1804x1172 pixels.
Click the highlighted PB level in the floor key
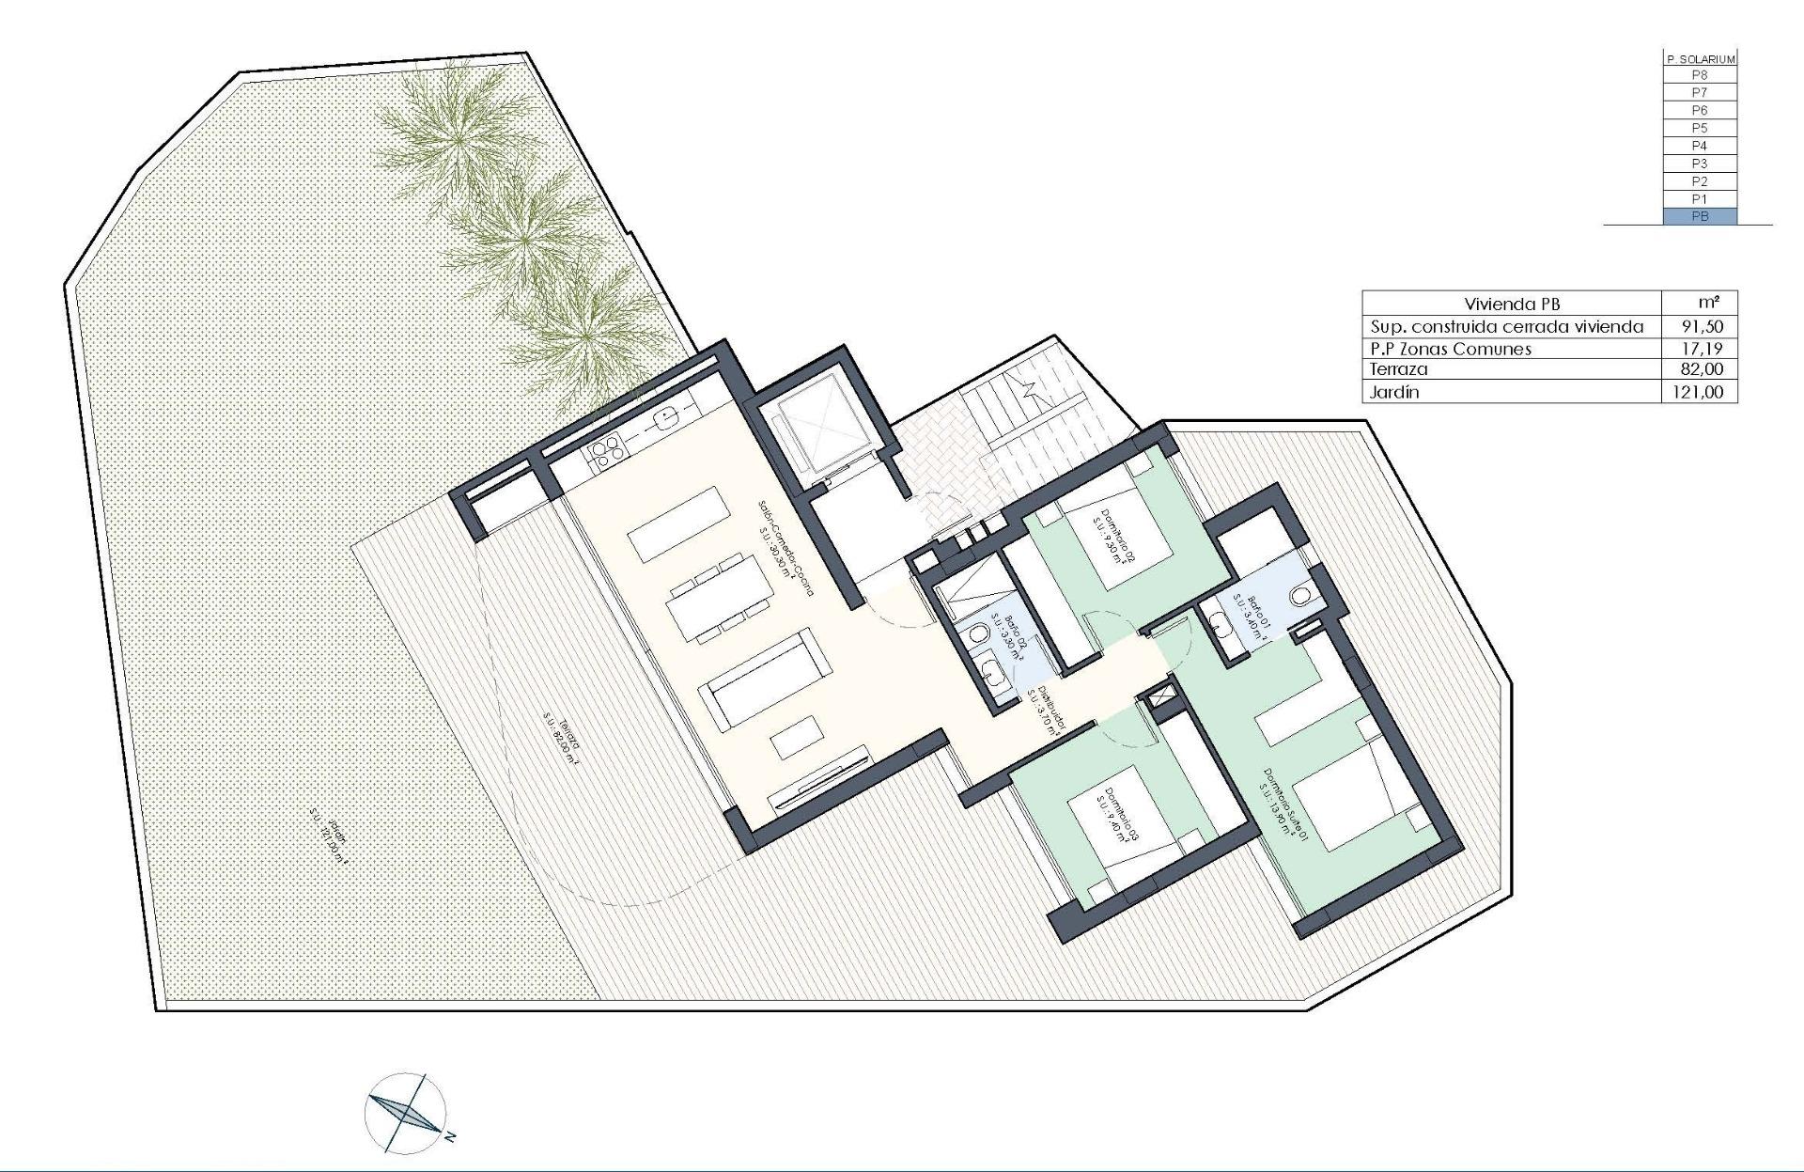click(x=1699, y=217)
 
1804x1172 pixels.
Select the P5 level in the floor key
click(x=1699, y=128)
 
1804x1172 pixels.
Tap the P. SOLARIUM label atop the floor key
click(x=1699, y=58)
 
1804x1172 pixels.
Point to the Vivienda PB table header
click(x=1511, y=304)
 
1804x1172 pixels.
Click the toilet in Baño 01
click(x=1302, y=597)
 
